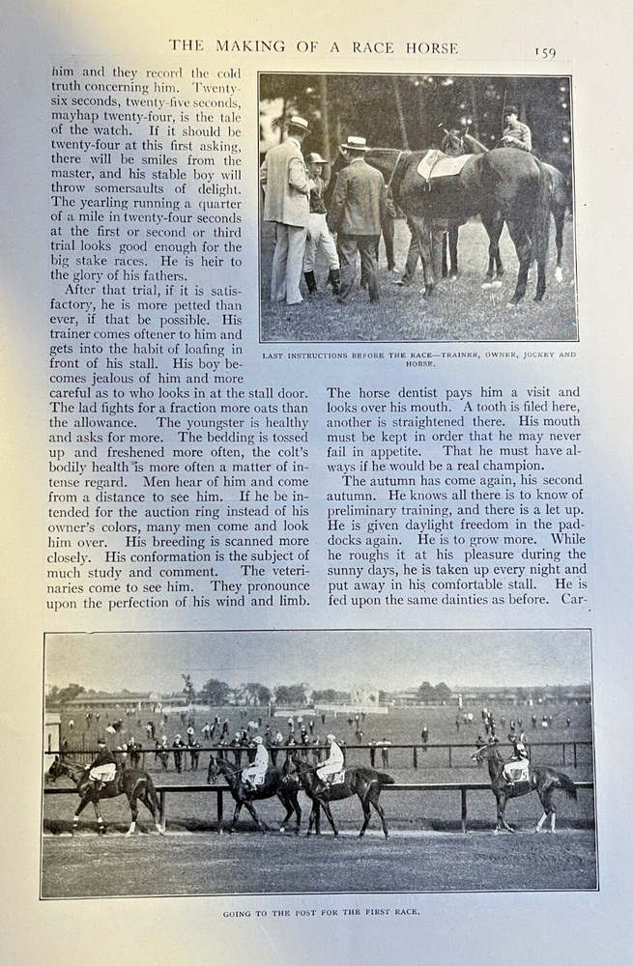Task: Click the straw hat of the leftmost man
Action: click(x=299, y=124)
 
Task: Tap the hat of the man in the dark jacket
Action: click(x=356, y=143)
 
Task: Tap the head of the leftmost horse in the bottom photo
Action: click(x=55, y=767)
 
